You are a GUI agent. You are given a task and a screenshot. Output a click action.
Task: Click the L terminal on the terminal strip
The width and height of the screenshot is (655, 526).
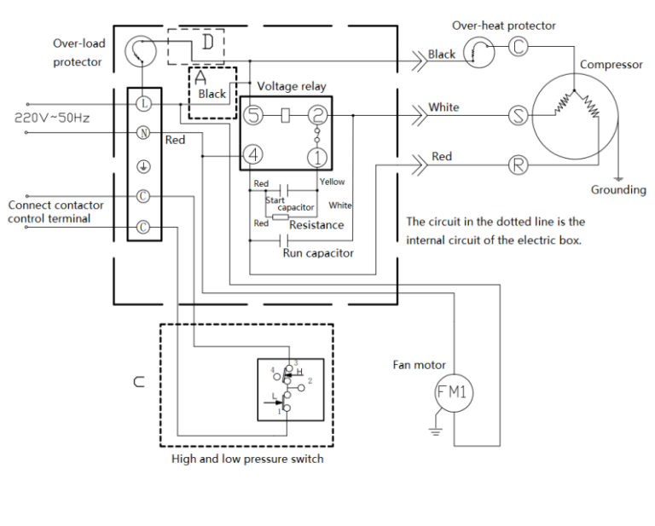point(144,103)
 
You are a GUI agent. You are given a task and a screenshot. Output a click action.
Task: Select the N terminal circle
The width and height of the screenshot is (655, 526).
point(144,134)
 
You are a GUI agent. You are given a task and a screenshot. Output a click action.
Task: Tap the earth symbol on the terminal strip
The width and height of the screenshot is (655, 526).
point(144,165)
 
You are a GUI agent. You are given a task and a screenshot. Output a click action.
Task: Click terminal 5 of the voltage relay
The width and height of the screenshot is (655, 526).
point(253,115)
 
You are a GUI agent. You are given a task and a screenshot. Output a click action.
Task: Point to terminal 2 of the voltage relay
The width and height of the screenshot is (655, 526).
point(316,115)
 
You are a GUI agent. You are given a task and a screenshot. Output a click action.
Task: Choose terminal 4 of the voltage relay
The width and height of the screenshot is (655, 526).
point(253,155)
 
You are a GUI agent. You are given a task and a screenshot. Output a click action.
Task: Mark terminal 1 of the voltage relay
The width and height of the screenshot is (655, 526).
point(316,156)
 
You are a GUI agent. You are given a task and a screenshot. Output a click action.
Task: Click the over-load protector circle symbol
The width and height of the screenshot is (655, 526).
point(137,52)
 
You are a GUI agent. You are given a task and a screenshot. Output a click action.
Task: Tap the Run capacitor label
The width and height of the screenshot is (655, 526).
point(318,253)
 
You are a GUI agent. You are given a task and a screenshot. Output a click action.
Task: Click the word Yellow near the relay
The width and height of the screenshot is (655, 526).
point(332,182)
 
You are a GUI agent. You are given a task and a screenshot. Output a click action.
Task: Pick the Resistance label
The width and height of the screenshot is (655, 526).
point(316,225)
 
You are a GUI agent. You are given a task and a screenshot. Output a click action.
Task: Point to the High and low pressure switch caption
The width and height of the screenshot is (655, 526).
point(247,459)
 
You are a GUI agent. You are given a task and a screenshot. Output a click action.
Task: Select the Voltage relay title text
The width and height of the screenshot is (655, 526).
point(292,86)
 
